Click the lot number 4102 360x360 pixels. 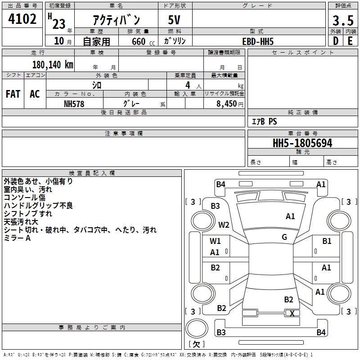22,19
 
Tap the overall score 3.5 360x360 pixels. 342,20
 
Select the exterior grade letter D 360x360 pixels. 335,40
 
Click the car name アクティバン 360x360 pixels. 117,20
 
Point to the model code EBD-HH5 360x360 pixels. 258,41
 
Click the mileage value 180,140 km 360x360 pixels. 53,64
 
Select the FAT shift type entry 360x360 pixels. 13,94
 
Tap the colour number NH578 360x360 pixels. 74,103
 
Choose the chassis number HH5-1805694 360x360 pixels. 302,143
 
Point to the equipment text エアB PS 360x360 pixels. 264,121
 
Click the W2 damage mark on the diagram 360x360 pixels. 224,225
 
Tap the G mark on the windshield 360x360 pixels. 284,237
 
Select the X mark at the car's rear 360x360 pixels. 292,314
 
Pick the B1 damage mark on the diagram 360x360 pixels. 327,241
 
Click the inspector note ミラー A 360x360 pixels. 17,238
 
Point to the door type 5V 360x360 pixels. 175,20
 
